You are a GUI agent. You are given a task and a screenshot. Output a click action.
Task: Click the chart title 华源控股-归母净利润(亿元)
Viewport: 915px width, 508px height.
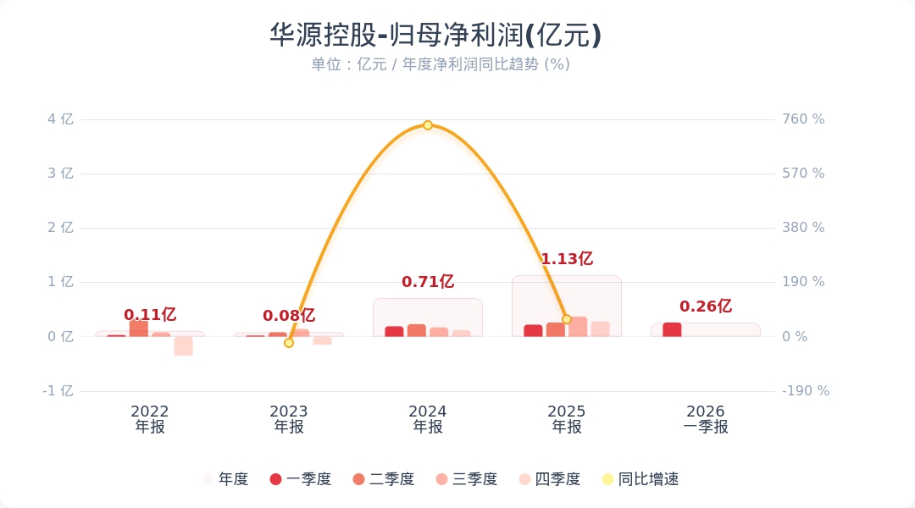pos(435,36)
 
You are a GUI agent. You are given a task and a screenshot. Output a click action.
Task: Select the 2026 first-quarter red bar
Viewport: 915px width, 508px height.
pos(672,329)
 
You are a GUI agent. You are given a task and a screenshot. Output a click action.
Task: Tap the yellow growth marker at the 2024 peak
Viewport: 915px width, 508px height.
pos(428,125)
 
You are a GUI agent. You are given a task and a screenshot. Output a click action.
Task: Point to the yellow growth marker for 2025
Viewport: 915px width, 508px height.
pos(567,319)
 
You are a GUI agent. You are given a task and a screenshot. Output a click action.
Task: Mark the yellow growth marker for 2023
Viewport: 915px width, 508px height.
pos(289,343)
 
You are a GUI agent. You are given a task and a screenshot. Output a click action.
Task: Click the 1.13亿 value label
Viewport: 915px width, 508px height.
pos(567,259)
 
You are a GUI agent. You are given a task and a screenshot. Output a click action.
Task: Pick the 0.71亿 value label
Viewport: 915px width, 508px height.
pos(428,282)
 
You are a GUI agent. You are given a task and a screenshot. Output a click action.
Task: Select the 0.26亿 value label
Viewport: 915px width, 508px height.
pos(706,306)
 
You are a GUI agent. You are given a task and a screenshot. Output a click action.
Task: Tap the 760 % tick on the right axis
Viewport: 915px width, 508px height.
pos(804,119)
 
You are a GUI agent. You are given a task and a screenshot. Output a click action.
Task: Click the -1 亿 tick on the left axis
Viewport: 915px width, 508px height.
pos(58,391)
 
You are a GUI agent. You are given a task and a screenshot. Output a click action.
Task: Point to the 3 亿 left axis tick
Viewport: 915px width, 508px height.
pos(61,174)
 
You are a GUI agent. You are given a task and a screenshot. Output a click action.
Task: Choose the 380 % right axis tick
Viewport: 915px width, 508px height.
pos(804,228)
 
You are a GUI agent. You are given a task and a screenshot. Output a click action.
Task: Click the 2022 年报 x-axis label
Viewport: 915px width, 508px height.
pos(150,419)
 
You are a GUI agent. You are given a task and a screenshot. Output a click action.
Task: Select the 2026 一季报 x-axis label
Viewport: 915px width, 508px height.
pos(706,419)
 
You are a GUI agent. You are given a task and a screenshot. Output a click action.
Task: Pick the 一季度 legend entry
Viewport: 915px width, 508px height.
pos(300,479)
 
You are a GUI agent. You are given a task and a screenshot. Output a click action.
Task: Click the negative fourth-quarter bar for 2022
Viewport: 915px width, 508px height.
pos(184,345)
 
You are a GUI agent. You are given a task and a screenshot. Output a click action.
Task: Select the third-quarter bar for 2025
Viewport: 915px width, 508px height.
pos(578,327)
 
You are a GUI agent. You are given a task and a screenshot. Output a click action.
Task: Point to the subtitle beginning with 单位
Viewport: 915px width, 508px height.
pos(440,64)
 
